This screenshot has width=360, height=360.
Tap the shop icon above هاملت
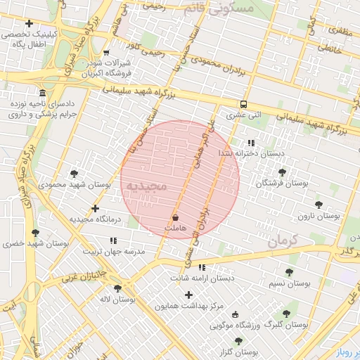coord(174,218)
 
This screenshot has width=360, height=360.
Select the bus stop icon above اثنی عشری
coord(243,103)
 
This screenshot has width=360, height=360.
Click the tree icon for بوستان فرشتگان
coord(282,172)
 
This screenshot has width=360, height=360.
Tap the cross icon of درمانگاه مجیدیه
coord(96,209)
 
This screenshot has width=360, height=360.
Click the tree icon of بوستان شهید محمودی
coord(74,174)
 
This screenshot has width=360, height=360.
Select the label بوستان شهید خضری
coord(34,243)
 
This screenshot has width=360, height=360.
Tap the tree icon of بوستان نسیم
coord(289,272)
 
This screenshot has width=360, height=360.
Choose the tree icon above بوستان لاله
coord(117,288)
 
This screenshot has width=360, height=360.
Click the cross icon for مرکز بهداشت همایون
coord(188,295)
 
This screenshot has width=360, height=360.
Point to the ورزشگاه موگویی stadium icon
coord(235,314)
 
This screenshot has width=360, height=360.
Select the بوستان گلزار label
coord(238,352)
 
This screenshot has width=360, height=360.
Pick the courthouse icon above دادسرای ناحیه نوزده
coord(43,94)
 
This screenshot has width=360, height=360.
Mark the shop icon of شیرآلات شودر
coord(105,52)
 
